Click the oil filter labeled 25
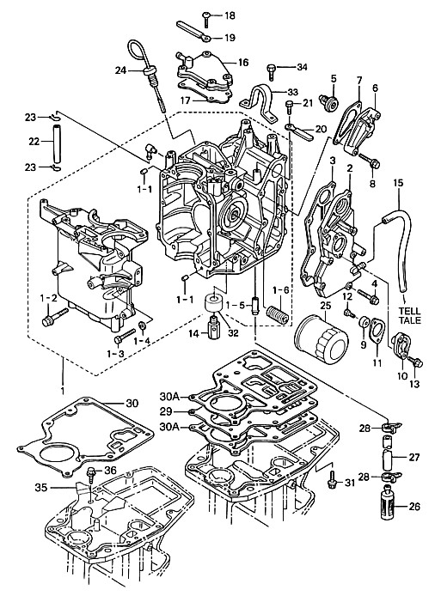click(x=322, y=336)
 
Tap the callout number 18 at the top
click(x=230, y=15)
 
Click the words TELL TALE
click(x=410, y=316)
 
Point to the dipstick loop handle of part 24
click(x=137, y=53)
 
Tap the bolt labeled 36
click(x=91, y=474)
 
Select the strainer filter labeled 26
click(x=389, y=505)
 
